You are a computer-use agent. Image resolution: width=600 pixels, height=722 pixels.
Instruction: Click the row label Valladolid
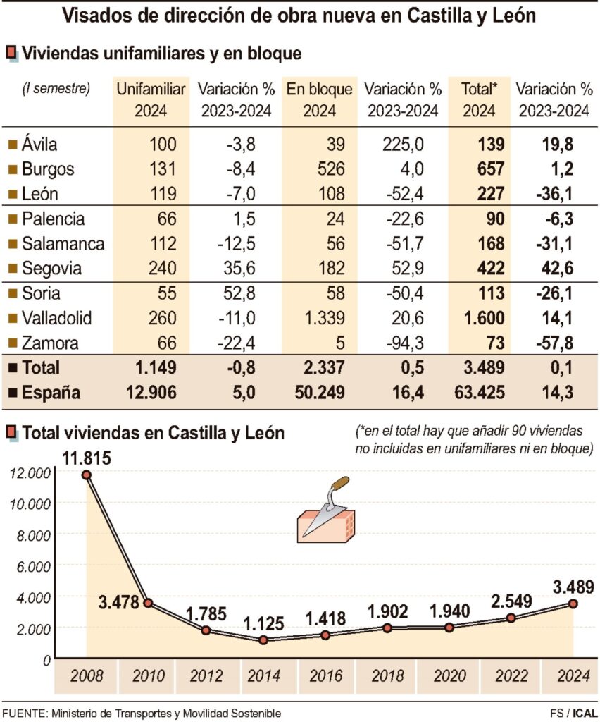56,318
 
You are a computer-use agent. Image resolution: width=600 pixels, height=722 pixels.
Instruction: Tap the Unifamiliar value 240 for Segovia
162,269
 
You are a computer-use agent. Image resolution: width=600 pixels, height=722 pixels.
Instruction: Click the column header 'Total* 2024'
479,100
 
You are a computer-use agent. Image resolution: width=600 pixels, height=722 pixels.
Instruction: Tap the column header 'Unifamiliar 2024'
151,100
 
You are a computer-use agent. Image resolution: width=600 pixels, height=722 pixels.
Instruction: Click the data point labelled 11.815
87,475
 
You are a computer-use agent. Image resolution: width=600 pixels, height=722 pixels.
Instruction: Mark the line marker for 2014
263,640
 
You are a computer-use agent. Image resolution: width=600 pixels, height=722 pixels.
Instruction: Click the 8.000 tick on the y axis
32,534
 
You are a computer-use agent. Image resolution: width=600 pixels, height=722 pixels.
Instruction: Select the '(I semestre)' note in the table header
56,88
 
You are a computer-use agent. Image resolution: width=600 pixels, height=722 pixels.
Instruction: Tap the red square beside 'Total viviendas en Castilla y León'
12,433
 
